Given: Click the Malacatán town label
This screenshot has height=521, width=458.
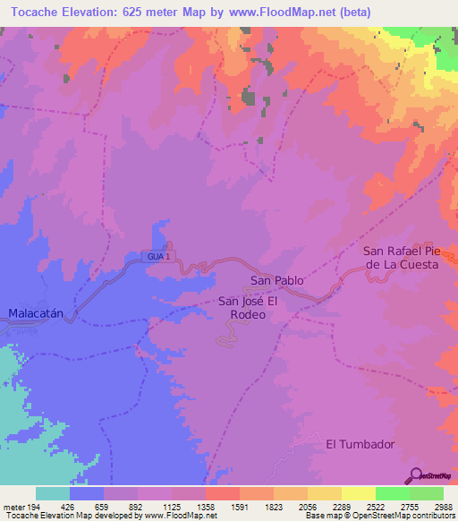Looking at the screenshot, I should tap(38, 313).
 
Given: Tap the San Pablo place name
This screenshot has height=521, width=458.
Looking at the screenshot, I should tap(276, 281).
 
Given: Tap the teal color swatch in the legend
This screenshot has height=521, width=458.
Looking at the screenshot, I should tap(53, 493).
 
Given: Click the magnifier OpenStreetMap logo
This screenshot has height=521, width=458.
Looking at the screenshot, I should tap(416, 474).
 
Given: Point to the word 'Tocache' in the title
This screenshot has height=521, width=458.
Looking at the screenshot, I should tap(40, 10).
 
